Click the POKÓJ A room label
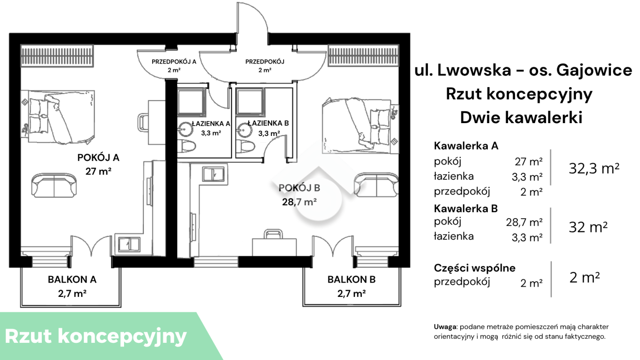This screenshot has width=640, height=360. coord(98,158)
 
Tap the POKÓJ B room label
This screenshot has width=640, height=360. coord(299,188)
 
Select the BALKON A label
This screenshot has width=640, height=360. coord(72,279)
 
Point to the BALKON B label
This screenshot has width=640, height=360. coord(352,279)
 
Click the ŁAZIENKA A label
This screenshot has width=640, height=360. coord(211,124)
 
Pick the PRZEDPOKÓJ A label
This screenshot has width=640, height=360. coord(174,62)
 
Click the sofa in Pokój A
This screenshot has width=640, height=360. coord(54,185)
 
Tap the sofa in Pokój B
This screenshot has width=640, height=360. coord(377,185)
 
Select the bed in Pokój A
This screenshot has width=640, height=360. coord(58,117)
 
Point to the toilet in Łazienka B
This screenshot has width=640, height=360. coord(245,147)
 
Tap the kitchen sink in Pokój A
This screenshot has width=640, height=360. coord(129,245)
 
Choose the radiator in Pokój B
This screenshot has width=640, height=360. coord(363,55)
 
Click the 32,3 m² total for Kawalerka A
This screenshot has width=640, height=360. coord(594,168)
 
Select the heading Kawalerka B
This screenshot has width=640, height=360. coord(466,209)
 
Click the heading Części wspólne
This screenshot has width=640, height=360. coord(475,268)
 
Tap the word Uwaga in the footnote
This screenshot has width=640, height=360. coord(445,327)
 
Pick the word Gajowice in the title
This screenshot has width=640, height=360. coord(594,70)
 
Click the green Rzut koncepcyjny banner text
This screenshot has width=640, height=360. coord(96,336)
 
